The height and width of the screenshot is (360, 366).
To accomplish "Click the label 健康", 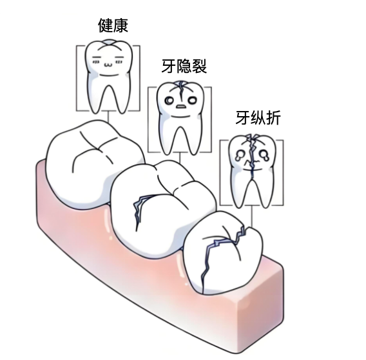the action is [x=113, y=25].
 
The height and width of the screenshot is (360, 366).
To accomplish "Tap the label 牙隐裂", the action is [x=184, y=66].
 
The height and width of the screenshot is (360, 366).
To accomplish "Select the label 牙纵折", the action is [x=258, y=118].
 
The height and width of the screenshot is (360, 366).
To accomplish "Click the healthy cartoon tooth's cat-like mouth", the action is [x=108, y=64].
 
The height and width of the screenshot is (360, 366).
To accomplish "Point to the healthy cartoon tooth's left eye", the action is [x=96, y=59].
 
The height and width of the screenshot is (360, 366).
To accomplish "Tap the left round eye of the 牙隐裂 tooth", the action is [x=169, y=101].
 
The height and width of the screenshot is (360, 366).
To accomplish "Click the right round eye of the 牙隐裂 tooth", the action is [x=193, y=101].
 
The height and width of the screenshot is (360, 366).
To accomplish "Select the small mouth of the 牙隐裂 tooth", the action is [x=181, y=106].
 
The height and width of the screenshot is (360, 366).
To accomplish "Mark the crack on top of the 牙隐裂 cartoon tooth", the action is [x=180, y=89].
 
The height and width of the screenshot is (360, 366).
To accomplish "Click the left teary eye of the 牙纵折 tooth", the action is [x=239, y=155].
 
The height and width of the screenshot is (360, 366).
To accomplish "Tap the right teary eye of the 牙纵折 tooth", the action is [x=264, y=155].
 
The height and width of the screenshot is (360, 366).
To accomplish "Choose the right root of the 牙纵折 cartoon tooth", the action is [x=265, y=194].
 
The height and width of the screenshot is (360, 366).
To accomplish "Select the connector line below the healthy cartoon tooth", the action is [x=108, y=117].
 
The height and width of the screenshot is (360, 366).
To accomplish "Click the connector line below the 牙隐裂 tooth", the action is [x=180, y=157].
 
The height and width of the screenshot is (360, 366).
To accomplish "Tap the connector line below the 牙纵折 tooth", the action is [x=251, y=216].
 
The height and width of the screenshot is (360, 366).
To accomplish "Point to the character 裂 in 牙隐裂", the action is [x=199, y=66].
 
